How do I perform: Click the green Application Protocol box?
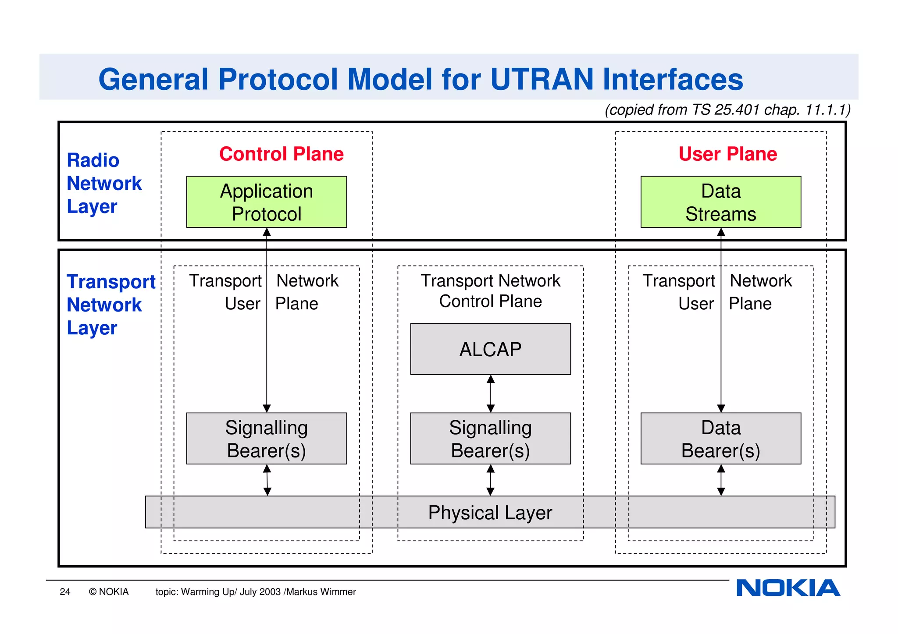pos(266,202)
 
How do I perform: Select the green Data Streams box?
pos(720,202)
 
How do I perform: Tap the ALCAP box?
pos(490,349)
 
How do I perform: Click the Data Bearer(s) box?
pos(720,439)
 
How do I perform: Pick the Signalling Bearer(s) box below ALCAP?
pos(490,439)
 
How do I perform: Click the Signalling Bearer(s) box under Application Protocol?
pos(266,439)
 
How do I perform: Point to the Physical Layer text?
pos(490,513)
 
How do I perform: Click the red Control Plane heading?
pos(282,154)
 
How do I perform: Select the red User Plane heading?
pos(728,154)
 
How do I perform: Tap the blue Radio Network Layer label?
pos(104,183)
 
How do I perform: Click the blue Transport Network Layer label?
pos(110,305)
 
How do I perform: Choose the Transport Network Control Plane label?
pos(490,290)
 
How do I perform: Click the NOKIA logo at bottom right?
pos(788,588)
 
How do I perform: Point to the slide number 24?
pos(65,592)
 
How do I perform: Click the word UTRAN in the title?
pos(542,79)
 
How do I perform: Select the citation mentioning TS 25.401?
pos(727,110)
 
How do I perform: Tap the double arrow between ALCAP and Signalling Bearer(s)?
pos(491,393)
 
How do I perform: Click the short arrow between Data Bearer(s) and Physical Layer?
pos(721,480)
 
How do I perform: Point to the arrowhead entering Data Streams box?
pos(721,232)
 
